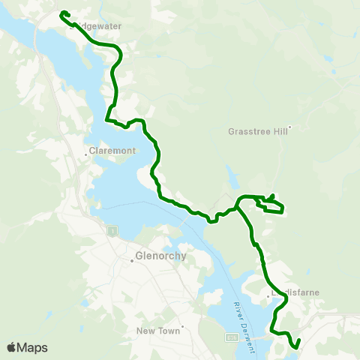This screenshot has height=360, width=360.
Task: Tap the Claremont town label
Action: [112, 151]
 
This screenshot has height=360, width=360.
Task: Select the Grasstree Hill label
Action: [256, 130]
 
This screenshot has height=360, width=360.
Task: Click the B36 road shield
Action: [233, 339]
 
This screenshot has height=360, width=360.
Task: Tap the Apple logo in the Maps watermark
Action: [12, 347]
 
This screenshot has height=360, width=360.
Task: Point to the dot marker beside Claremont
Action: [86, 156]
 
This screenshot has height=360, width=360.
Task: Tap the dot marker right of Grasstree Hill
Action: [289, 127]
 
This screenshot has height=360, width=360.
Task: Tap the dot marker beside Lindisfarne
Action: [269, 297]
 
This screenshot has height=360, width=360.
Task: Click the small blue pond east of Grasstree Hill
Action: [334, 72]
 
